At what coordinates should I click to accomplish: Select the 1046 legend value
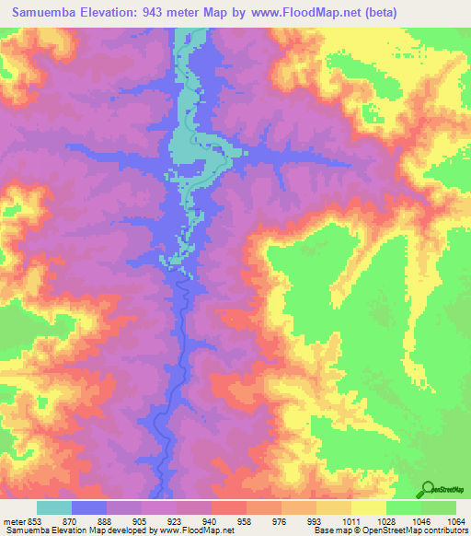pos(419,520)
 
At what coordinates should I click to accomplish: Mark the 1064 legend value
pos(453,520)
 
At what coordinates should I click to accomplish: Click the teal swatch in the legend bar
pos(54,507)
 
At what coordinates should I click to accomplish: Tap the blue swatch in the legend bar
pos(89,507)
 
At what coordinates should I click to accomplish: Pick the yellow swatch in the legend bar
pos(369,507)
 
